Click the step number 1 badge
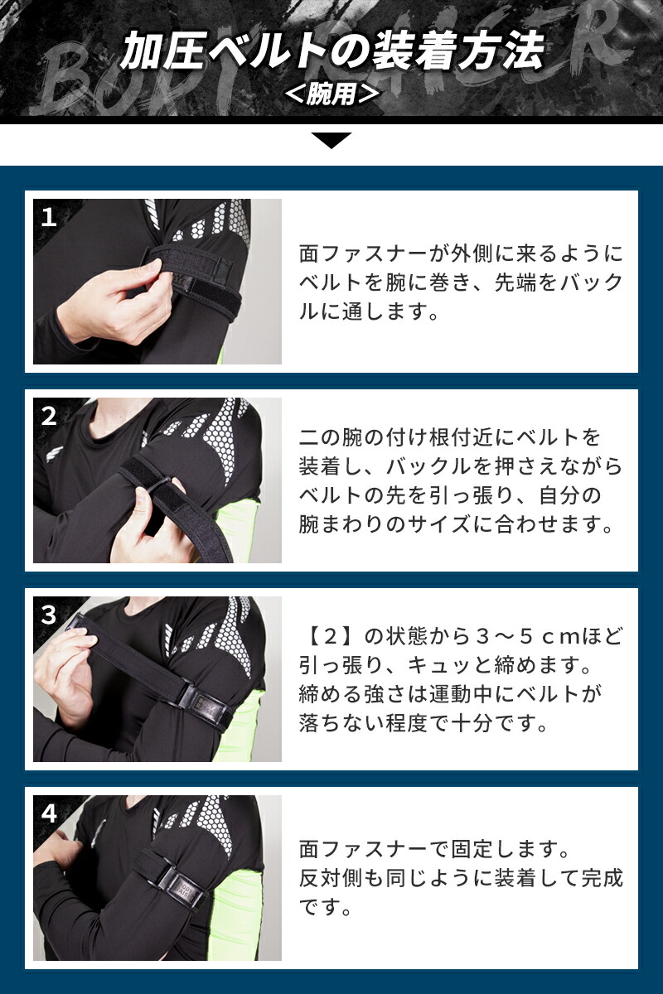pos(49,218)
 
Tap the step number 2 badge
pos(49,416)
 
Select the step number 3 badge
pos(49,615)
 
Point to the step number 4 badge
pos(49,813)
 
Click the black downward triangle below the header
pos(331,140)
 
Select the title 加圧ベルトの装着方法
pos(331,51)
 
